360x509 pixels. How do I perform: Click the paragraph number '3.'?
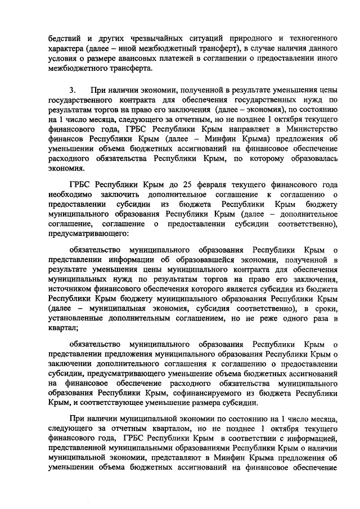coord(73,91)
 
